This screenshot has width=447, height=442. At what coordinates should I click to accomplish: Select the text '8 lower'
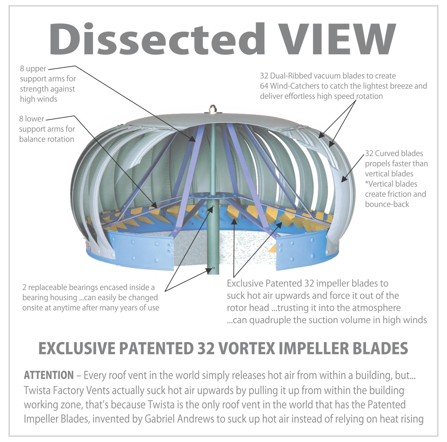(x=32, y=119)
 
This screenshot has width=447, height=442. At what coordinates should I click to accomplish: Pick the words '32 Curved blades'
(x=394, y=153)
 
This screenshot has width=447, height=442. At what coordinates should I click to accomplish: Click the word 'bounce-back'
(x=387, y=204)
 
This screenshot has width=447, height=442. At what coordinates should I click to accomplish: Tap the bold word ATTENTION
(x=49, y=375)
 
